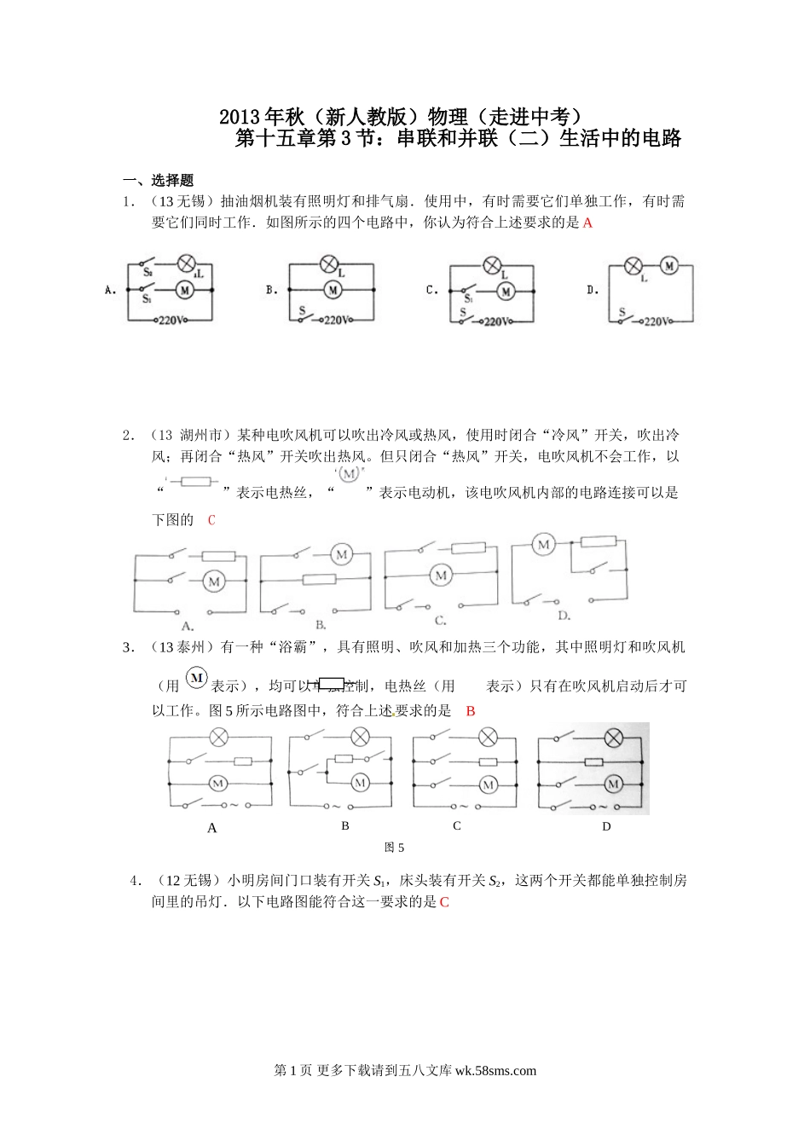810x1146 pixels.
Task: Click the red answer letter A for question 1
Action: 587,223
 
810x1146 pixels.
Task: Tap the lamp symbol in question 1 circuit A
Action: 186,263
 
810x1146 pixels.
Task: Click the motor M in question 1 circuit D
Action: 669,265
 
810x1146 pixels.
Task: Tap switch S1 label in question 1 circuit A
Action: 147,299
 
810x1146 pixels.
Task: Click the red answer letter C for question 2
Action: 211,519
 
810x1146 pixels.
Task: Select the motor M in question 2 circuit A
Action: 214,582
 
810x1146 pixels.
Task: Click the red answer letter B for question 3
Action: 471,710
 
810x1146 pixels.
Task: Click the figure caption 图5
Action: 394,847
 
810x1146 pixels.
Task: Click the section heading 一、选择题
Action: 159,181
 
